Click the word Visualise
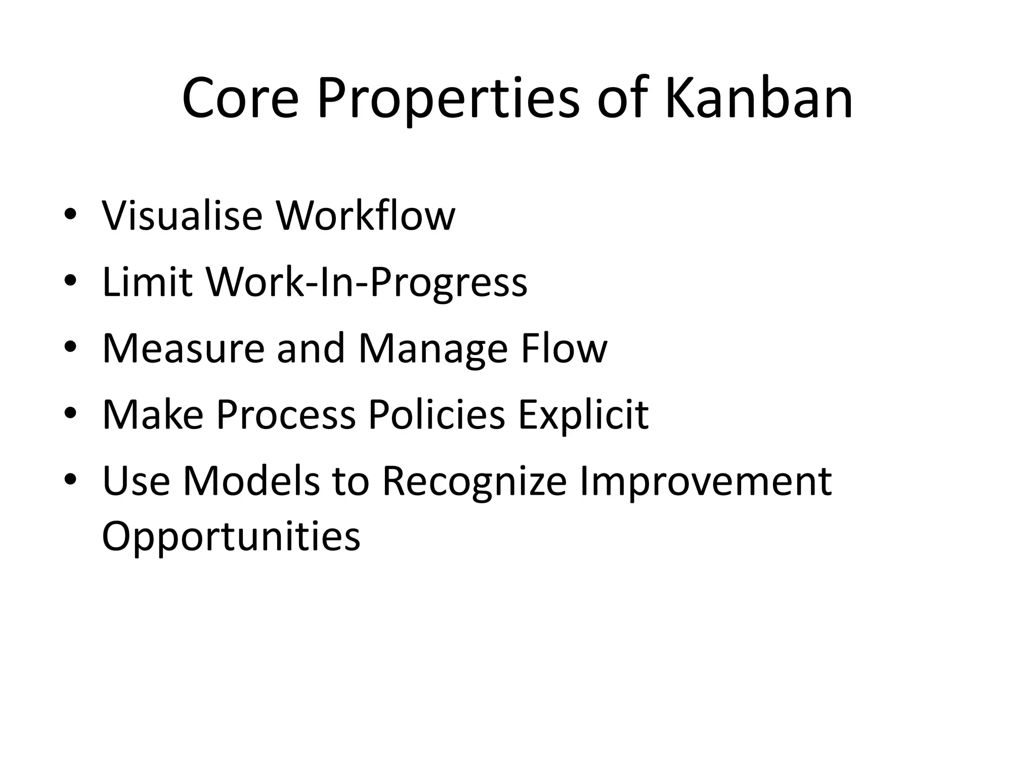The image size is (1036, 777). click(x=182, y=215)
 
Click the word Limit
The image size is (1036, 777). click(x=147, y=282)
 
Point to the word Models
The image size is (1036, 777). click(x=251, y=481)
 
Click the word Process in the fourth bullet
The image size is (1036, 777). click(x=286, y=415)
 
